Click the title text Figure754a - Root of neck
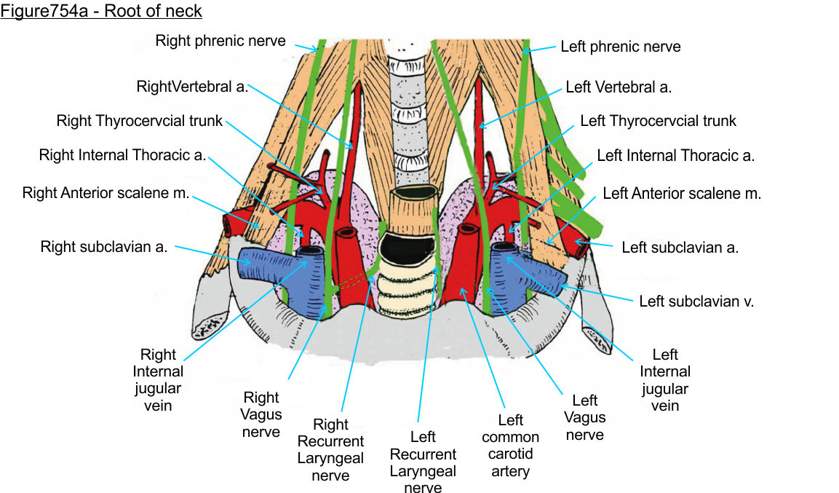point(101,11)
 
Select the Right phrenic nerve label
point(220,41)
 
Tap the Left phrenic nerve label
point(621,47)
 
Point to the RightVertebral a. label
point(192,87)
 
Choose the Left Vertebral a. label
point(619,87)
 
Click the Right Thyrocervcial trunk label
point(140,121)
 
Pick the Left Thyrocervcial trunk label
point(659,121)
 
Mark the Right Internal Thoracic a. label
point(123,155)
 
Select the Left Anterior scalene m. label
point(682,194)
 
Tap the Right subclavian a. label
point(104,247)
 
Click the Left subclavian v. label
point(696,301)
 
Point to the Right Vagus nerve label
point(261,414)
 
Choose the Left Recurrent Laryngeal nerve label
point(423,462)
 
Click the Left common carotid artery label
point(510,446)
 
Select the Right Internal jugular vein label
point(159,379)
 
